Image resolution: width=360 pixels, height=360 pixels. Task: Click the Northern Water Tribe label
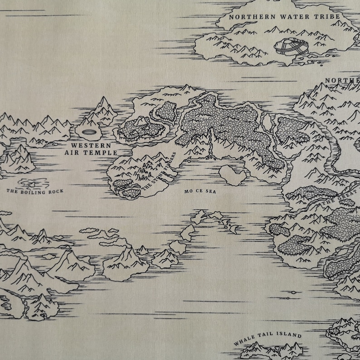coord(284,17)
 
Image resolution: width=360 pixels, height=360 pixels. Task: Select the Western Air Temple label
coord(91,149)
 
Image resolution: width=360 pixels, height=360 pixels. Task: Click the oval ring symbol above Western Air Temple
coord(90,132)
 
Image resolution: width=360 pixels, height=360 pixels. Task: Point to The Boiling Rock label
coord(34,191)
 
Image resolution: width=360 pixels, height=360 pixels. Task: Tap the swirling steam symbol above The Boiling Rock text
coord(32,183)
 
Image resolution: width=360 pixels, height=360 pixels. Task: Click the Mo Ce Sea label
coord(200,192)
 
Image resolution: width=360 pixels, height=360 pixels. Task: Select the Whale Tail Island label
coord(268,338)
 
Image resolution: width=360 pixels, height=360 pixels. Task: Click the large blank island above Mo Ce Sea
coord(232,175)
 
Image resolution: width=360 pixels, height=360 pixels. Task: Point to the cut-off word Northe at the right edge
coord(342,81)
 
